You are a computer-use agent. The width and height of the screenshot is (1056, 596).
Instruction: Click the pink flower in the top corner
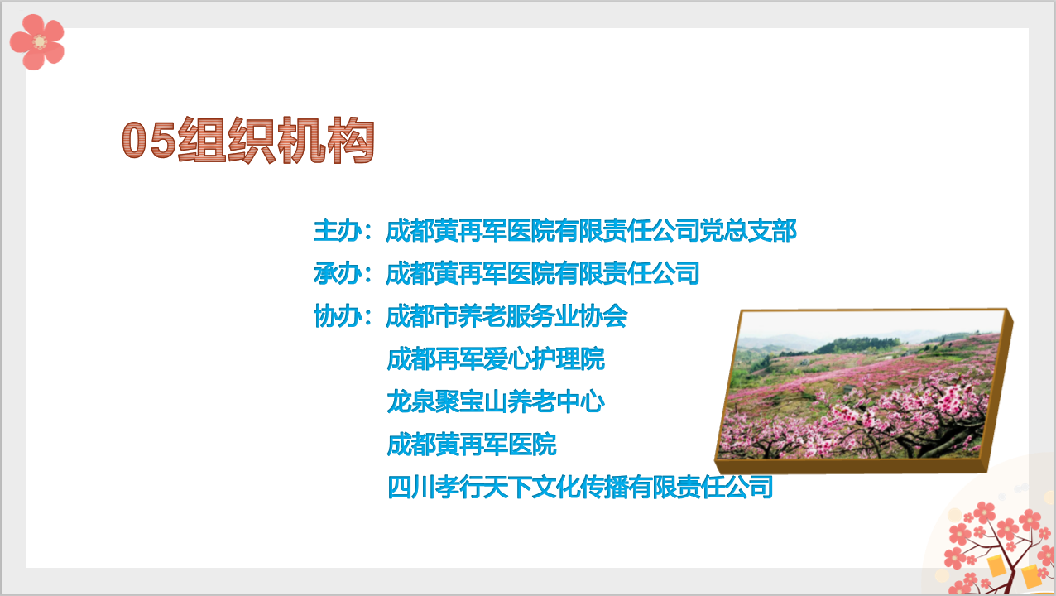(37, 42)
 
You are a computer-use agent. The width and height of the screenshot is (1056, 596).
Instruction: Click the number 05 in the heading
(149, 140)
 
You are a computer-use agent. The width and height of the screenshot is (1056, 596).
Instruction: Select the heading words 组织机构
(276, 140)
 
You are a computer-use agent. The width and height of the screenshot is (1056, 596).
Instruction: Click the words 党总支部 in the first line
(748, 231)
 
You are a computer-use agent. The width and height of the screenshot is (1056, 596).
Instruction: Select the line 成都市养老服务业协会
(506, 316)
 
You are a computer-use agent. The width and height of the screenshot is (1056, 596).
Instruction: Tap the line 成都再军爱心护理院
(496, 358)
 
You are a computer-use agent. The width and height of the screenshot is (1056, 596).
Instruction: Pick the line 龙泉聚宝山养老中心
(496, 401)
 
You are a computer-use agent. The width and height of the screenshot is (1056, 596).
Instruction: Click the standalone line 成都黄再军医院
(472, 445)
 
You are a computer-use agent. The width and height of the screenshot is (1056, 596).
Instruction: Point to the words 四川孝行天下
(460, 487)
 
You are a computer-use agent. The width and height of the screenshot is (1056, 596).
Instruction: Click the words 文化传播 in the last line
(581, 487)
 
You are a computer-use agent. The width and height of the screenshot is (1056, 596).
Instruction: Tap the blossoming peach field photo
(863, 391)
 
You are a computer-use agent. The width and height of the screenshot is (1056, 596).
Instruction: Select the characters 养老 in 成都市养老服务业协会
(482, 316)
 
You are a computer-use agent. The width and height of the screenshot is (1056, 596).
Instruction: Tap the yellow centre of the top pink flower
(40, 42)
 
